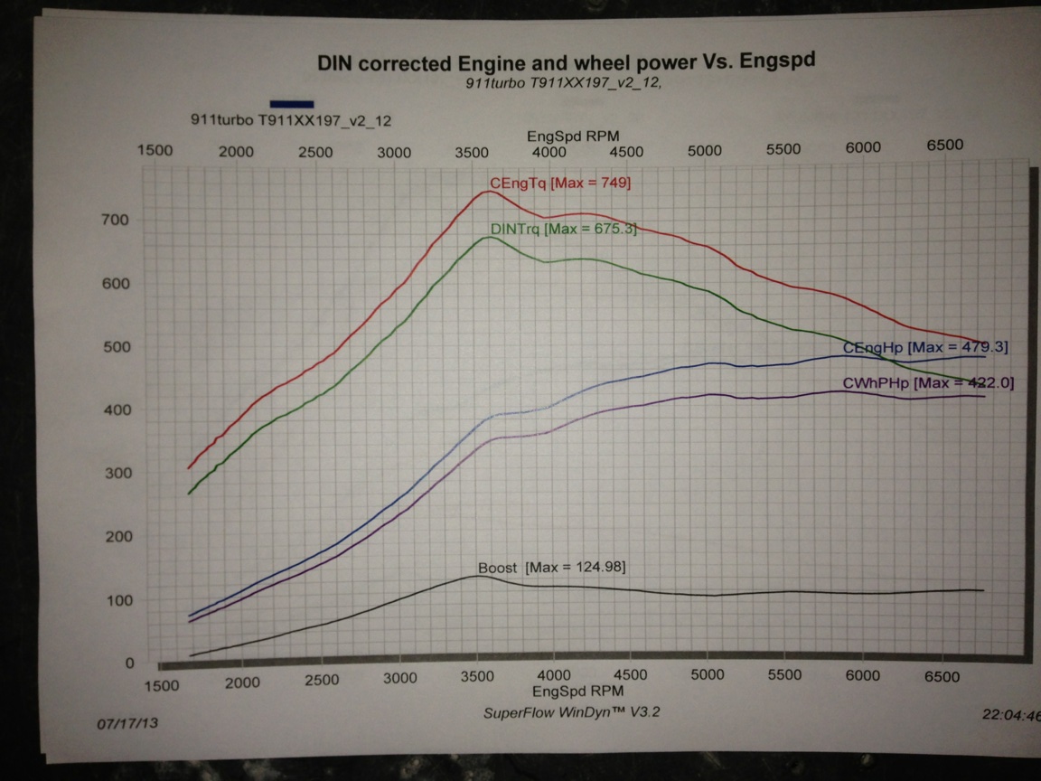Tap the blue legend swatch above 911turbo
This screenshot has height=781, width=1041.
[x=291, y=104]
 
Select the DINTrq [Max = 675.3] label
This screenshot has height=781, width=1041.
[x=563, y=230]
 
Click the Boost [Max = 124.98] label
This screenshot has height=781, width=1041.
[x=551, y=568]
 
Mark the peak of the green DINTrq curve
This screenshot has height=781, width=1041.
[x=489, y=237]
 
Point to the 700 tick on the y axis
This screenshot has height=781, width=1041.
[x=120, y=220]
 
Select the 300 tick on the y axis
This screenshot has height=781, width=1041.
[x=120, y=473]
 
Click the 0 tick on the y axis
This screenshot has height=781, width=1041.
[x=129, y=663]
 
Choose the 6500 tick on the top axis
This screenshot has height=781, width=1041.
[x=944, y=145]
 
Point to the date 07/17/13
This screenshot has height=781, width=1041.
[x=121, y=724]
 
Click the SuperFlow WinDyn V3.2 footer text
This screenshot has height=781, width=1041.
[x=572, y=712]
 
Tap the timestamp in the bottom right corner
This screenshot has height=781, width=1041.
[x=1010, y=714]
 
